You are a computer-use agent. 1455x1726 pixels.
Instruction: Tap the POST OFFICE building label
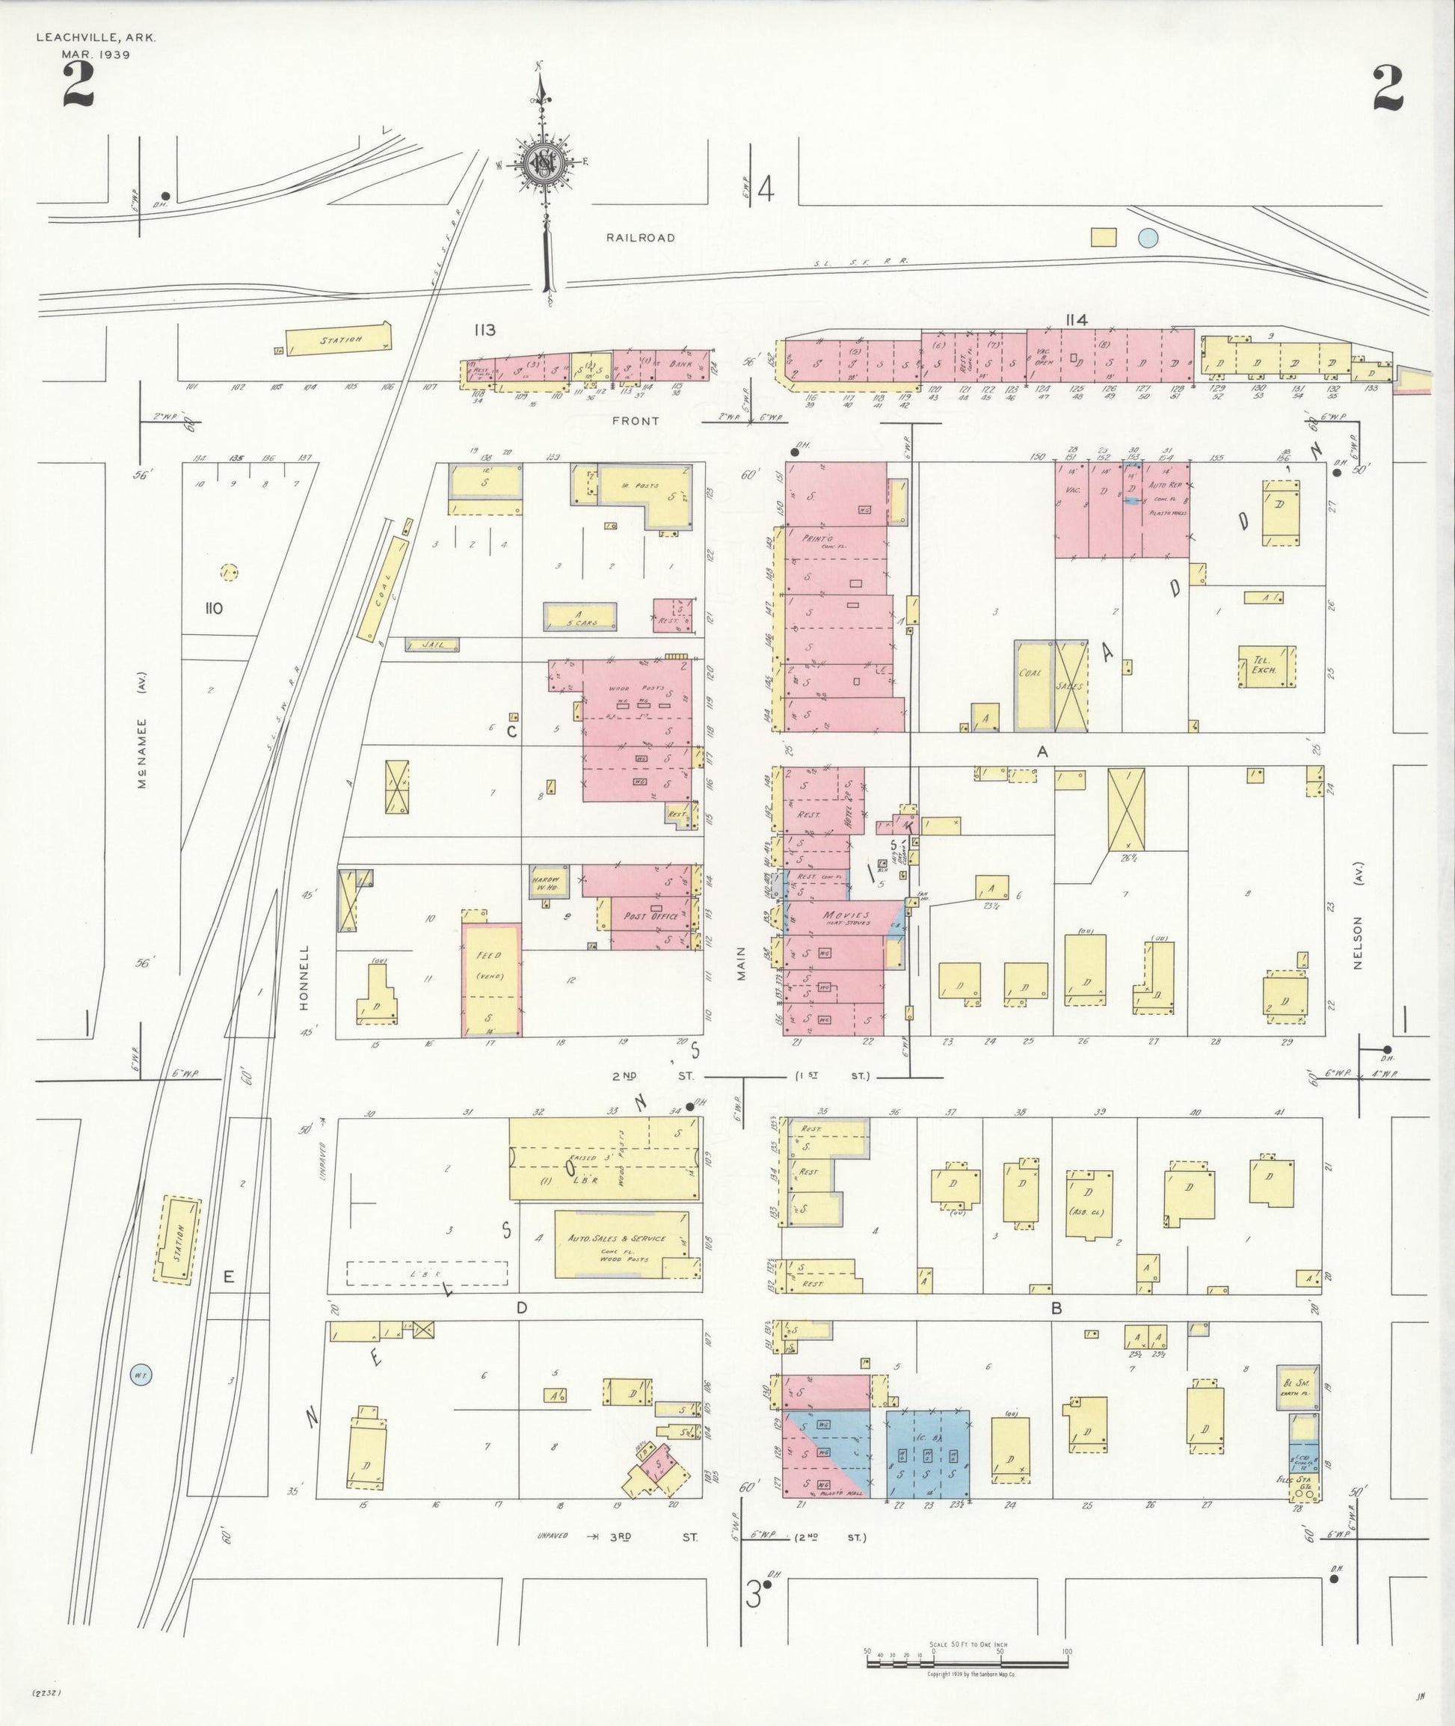[652, 917]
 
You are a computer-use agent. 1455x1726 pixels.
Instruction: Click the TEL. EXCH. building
[1266, 666]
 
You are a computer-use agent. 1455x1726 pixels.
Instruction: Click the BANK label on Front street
[680, 363]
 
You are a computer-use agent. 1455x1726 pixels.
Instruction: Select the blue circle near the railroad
[1148, 239]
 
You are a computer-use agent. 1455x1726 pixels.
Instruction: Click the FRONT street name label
[635, 421]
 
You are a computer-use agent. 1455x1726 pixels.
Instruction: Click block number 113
[485, 331]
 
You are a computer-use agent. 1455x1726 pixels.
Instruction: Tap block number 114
[1076, 320]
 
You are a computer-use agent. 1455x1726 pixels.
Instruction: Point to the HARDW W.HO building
[550, 882]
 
